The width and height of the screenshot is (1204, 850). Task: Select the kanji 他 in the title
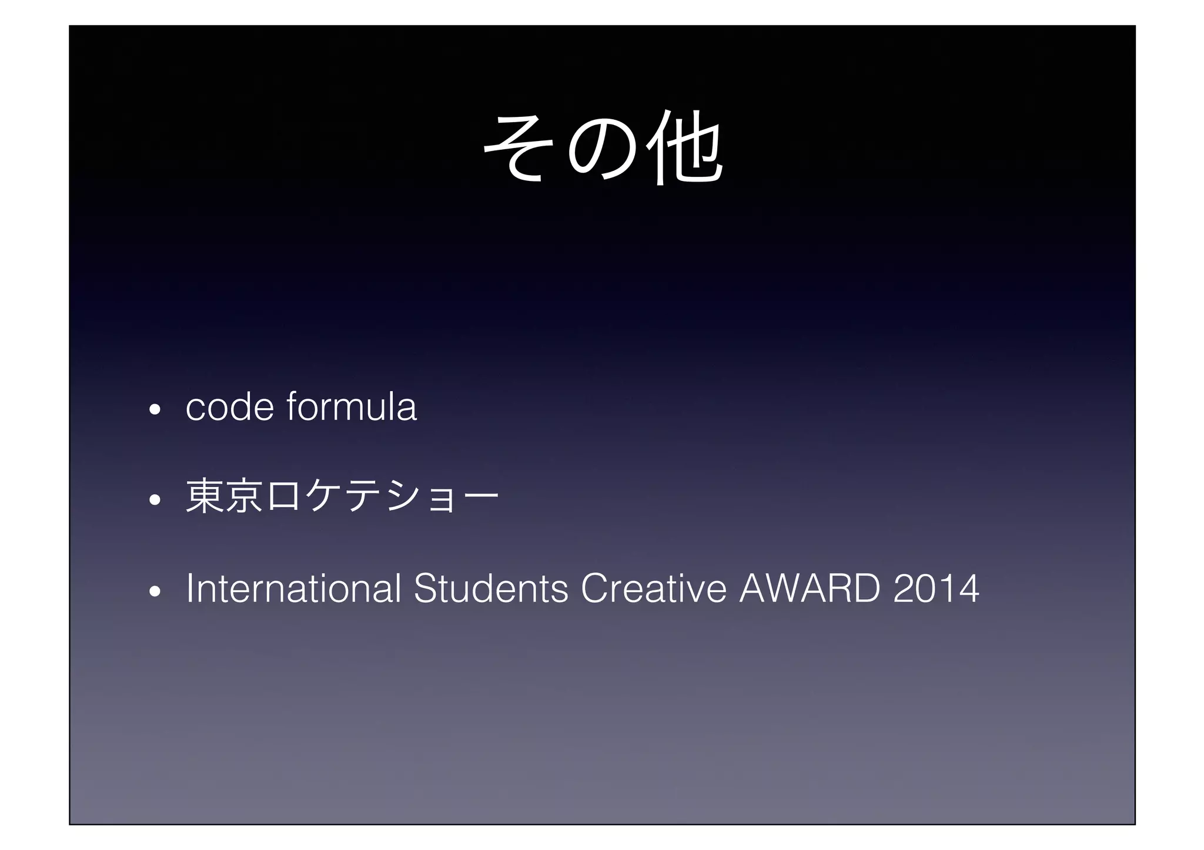(x=684, y=147)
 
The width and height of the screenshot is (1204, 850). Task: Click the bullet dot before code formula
(x=155, y=410)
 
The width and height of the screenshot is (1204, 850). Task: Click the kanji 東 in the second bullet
(x=205, y=497)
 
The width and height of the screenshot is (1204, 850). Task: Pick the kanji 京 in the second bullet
(x=245, y=497)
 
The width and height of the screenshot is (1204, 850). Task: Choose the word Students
(x=491, y=588)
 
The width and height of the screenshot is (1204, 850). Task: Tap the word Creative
(x=653, y=588)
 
